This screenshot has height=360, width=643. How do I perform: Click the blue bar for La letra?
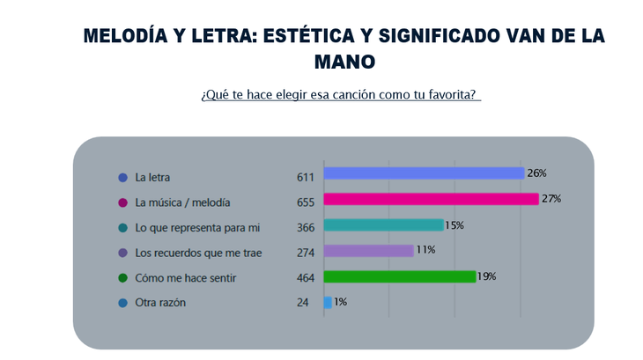(x=424, y=173)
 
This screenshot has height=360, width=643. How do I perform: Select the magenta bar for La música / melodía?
(x=431, y=199)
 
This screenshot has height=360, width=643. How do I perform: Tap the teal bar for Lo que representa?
(x=383, y=225)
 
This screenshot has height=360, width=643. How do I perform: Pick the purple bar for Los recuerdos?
(x=368, y=251)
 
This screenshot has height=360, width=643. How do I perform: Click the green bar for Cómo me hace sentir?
(x=400, y=276)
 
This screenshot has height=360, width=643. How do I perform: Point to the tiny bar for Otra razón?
(x=328, y=302)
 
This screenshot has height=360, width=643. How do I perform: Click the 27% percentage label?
(x=551, y=199)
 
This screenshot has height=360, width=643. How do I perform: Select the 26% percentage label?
(x=537, y=173)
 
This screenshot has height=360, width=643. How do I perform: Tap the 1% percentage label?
(x=340, y=302)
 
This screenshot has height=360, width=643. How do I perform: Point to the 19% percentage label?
(x=487, y=276)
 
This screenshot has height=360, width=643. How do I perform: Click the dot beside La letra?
(x=122, y=177)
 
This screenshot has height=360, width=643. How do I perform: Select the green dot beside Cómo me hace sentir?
(x=122, y=278)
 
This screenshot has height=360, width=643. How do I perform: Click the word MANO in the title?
(x=344, y=62)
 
